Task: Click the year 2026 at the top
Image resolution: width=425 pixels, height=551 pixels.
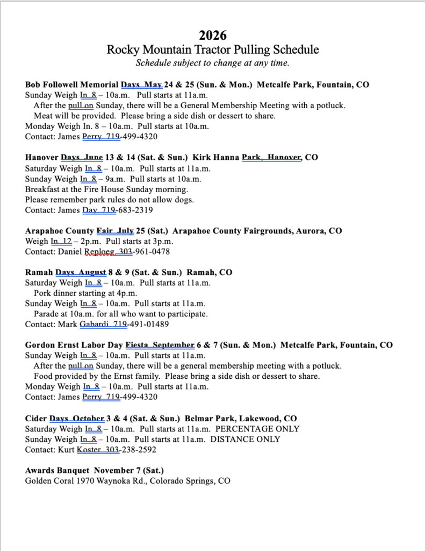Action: [x=213, y=36]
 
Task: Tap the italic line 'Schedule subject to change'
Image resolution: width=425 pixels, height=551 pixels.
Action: [x=213, y=62]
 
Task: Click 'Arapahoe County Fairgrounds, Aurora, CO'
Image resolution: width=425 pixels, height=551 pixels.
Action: [x=257, y=231]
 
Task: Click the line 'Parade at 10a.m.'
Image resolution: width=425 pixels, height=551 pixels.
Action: [x=120, y=314]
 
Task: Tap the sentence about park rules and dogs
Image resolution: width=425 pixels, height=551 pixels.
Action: [x=109, y=200]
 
